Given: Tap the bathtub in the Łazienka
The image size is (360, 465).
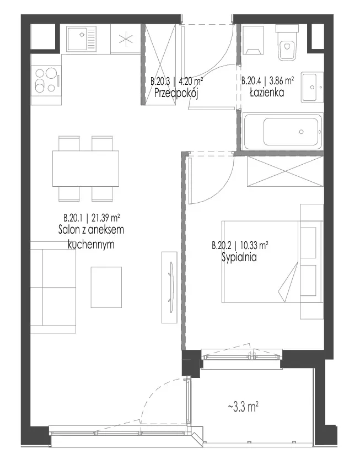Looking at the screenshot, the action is [x=283, y=131].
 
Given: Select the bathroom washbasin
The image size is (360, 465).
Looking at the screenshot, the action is [x=312, y=87].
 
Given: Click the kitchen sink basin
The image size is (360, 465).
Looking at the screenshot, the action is [x=77, y=39].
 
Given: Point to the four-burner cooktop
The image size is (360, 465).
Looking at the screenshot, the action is [x=46, y=80].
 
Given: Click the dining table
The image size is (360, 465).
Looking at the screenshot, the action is [x=86, y=169].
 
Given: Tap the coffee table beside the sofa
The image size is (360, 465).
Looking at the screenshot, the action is [x=106, y=287].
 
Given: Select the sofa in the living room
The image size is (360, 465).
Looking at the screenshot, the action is [x=53, y=287].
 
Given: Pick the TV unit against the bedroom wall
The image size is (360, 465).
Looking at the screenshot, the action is [x=169, y=287].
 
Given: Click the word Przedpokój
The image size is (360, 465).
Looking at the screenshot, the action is [x=176, y=94].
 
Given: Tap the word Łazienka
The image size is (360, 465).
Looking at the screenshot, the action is [x=267, y=93].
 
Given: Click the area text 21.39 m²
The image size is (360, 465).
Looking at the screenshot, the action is [x=106, y=218].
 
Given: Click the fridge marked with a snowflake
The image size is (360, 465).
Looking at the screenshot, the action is [x=125, y=39].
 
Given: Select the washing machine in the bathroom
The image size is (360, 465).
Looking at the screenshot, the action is [x=253, y=40].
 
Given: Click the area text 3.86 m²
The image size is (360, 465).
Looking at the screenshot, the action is [x=281, y=80].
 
